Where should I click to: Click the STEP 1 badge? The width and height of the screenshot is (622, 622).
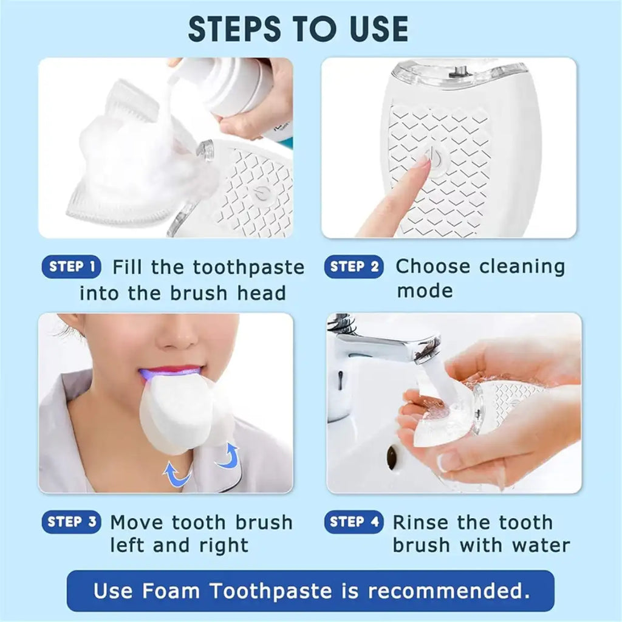[71, 267]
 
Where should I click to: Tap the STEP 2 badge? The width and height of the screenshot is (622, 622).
[354, 267]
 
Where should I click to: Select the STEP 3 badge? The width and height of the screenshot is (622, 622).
[71, 522]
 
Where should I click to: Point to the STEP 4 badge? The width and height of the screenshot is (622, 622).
[354, 522]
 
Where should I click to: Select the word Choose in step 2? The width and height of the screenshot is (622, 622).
[433, 267]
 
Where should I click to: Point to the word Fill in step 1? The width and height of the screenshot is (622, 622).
[128, 267]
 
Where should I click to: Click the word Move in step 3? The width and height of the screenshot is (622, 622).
[137, 522]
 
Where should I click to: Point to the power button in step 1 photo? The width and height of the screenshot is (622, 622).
[261, 194]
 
